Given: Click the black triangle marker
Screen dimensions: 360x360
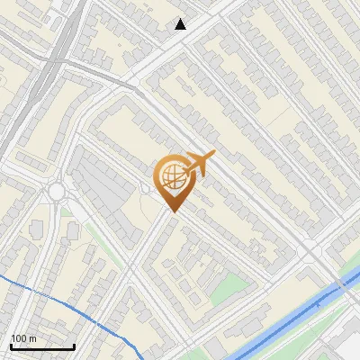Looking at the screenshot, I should tap(181, 24).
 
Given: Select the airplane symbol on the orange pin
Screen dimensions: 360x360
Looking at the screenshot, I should tap(199, 163).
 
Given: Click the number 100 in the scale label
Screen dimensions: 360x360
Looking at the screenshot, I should tap(20, 338).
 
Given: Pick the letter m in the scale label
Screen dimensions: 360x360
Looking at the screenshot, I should tap(33, 338).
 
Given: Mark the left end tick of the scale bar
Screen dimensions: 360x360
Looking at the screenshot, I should tap(11, 346).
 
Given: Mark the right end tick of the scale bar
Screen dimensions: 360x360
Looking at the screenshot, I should tap(74, 346).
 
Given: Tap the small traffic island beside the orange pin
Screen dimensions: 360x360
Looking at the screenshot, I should tap(145, 188).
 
